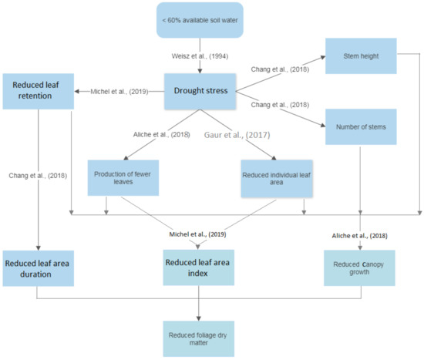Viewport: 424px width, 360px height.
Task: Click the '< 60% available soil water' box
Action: (200, 20)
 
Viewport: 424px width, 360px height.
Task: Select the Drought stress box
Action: (200, 91)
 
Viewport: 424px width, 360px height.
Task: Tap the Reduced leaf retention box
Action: (38, 91)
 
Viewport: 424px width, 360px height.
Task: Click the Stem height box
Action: (361, 56)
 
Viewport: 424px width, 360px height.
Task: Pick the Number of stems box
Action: (361, 126)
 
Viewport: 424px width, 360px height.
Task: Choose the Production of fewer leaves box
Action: (123, 178)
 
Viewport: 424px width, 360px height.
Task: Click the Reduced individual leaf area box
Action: (277, 179)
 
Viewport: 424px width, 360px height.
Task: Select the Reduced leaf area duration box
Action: (38, 268)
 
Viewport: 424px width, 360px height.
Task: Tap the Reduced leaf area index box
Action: (198, 267)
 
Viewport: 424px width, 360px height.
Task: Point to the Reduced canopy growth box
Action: (359, 268)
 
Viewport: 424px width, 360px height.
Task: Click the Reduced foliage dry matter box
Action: (198, 338)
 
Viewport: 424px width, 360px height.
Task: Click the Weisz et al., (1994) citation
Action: (200, 56)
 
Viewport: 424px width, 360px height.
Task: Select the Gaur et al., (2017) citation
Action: (237, 135)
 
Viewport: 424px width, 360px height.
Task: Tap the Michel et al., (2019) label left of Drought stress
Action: (119, 92)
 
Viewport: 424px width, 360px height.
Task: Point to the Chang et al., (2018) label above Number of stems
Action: (280, 105)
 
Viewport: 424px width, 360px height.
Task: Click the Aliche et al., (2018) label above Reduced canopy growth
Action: (360, 236)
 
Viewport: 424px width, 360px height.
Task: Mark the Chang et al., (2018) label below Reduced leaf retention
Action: (38, 176)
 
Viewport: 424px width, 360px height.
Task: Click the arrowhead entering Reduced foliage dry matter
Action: (198, 318)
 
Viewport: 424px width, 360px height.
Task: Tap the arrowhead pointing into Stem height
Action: (323, 57)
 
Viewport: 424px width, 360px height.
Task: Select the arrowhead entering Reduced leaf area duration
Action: (38, 248)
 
